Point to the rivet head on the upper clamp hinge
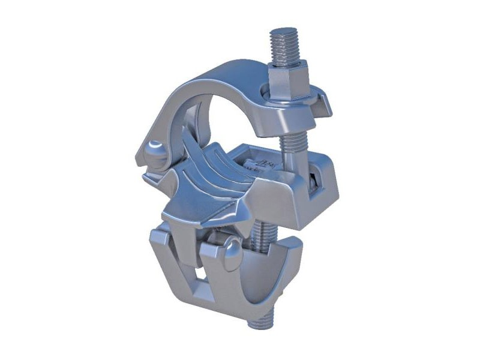[x=155, y=149]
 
